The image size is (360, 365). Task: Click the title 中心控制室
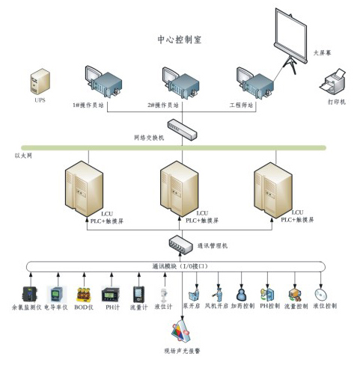[x=179, y=38]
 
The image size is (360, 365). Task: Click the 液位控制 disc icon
[x=320, y=290]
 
